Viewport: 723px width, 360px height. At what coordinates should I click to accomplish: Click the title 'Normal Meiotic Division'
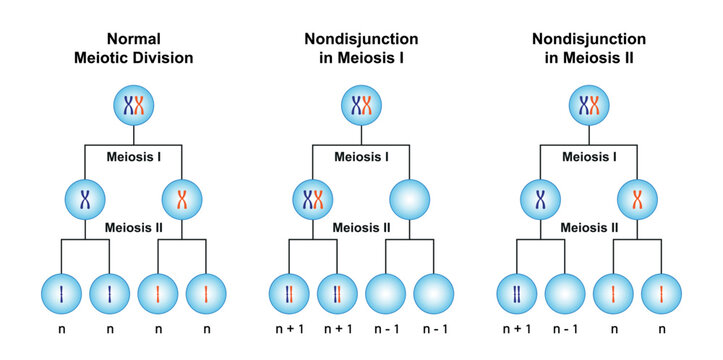pyautogui.click(x=133, y=49)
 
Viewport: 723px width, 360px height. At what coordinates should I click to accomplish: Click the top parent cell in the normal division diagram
pyautogui.click(x=133, y=106)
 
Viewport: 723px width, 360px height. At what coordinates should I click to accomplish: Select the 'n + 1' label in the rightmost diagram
pyautogui.click(x=518, y=328)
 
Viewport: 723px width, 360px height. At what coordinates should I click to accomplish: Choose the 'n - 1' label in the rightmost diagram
pyautogui.click(x=565, y=328)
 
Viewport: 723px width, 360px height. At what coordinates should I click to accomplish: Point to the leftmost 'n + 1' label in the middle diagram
pyautogui.click(x=290, y=328)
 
